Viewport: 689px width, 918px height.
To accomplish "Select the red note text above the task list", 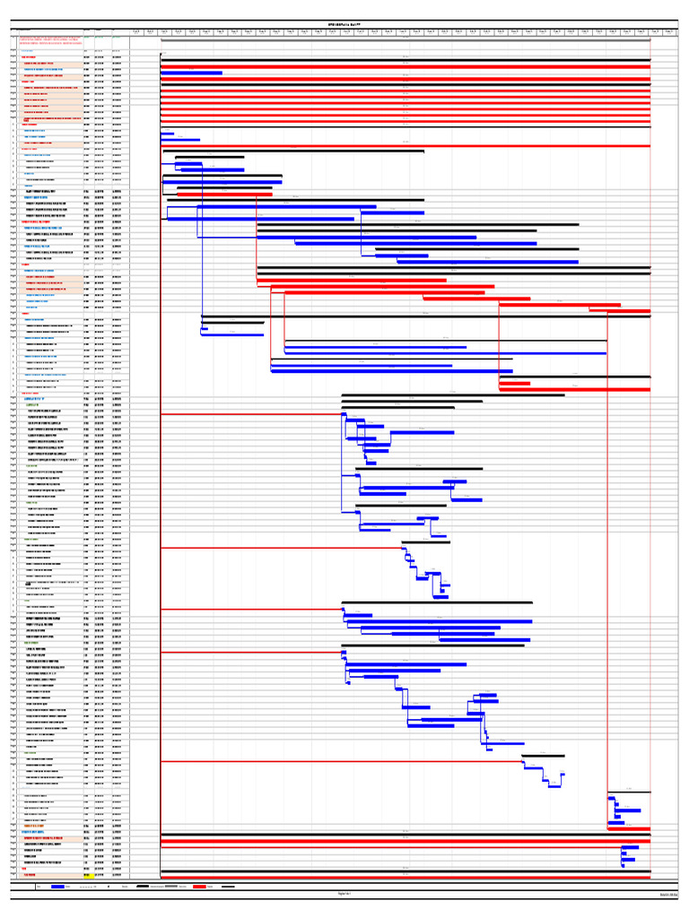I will [x=50, y=40].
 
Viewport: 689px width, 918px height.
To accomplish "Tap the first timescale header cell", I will [x=136, y=30].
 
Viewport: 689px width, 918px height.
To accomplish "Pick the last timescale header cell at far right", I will [x=669, y=30].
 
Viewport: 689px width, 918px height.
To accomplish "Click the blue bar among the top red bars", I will [x=191, y=73].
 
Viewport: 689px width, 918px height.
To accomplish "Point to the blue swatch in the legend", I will [x=58, y=887].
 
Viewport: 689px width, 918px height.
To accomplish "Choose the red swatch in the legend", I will [x=199, y=887].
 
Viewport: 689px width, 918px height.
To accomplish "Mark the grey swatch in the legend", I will [x=162, y=887].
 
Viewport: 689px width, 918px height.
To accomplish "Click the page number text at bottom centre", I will [x=344, y=894].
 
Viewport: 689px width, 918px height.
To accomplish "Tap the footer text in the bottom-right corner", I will [x=667, y=895].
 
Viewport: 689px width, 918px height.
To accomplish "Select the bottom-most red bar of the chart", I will [x=405, y=875].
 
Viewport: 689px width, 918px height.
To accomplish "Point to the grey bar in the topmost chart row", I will [x=405, y=39].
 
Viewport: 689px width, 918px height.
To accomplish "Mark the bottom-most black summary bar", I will [x=405, y=869].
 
